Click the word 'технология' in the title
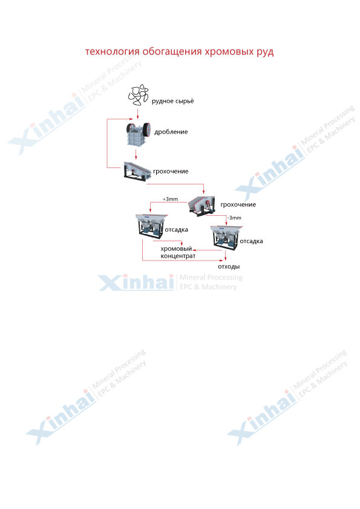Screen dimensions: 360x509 113,51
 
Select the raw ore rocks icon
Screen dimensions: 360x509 138,95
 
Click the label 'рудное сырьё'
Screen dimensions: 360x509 173,102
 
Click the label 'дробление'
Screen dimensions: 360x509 171,132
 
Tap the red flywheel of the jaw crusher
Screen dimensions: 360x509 147,129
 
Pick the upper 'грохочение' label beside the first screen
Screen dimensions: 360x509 171,172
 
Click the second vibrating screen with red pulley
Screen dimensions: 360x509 202,205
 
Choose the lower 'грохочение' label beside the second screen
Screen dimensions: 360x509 238,204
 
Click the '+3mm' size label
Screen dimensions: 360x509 170,199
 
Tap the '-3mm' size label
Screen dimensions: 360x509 234,218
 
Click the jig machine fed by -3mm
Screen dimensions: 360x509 226,238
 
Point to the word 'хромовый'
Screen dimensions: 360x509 177,249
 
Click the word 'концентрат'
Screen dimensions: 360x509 178,256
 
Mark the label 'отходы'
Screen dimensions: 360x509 229,267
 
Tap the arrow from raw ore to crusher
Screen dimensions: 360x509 138,114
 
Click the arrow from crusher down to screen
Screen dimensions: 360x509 136,154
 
